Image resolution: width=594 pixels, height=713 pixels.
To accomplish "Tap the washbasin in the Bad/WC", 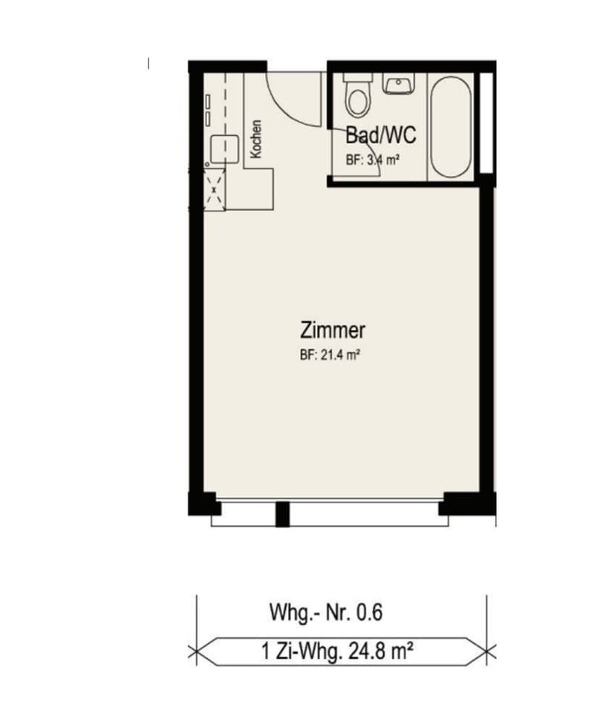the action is click(x=399, y=84).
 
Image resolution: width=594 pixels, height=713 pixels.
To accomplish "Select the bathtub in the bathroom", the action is click(x=451, y=128).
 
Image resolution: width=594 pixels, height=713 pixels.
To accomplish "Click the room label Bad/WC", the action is click(x=381, y=135).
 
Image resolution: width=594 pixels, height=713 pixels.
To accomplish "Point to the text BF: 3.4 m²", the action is click(x=373, y=160).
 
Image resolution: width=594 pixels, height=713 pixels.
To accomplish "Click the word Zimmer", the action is click(x=333, y=331).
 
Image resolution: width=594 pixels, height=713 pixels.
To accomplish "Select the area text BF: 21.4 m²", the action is click(x=330, y=355).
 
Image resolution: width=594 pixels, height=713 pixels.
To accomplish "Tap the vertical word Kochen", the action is click(x=257, y=139).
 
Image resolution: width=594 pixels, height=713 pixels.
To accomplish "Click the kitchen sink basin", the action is click(x=224, y=148).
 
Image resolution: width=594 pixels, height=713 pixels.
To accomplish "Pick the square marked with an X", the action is click(x=214, y=189).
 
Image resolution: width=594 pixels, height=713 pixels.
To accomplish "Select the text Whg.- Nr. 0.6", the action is click(x=326, y=612).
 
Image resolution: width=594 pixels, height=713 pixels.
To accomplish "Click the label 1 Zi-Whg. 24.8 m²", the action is click(x=337, y=651).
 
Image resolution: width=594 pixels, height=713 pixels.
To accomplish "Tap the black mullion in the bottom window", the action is click(x=282, y=514).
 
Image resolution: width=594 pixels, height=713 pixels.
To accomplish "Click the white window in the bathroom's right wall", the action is click(x=486, y=122).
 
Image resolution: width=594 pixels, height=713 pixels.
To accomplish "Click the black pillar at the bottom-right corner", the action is click(x=468, y=504).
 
